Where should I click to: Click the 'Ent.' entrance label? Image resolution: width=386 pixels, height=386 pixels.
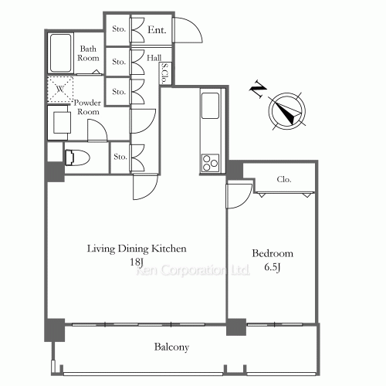pyautogui.click(x=157, y=30)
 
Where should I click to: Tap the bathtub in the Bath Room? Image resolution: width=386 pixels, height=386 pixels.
pyautogui.click(x=61, y=53)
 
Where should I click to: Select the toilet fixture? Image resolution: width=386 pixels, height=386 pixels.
pyautogui.click(x=77, y=157)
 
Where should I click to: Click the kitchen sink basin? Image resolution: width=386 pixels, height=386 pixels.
pyautogui.click(x=210, y=106)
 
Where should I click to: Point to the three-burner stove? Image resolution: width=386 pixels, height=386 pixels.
pyautogui.click(x=210, y=163)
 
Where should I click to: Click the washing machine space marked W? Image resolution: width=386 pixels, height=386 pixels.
pyautogui.click(x=60, y=89)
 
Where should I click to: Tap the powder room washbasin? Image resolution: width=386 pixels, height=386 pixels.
pyautogui.click(x=62, y=123)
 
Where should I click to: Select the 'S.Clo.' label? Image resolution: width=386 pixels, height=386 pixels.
pyautogui.click(x=164, y=73)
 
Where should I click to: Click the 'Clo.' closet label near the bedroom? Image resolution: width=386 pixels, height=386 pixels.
pyautogui.click(x=284, y=179)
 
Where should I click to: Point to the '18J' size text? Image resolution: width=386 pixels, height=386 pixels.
pyautogui.click(x=137, y=262)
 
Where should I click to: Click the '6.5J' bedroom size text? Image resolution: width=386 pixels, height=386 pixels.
pyautogui.click(x=273, y=267)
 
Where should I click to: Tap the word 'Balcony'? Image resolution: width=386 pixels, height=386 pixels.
pyautogui.click(x=171, y=347)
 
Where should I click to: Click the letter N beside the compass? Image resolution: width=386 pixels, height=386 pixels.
pyautogui.click(x=259, y=89)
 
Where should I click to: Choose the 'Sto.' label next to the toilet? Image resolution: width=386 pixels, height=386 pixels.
pyautogui.click(x=120, y=157)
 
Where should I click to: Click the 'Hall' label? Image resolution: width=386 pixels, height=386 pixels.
pyautogui.click(x=154, y=58)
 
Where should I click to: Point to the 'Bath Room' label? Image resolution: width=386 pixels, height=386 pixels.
pyautogui.click(x=88, y=53)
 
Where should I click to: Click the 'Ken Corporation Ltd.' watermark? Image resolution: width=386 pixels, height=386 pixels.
pyautogui.click(x=193, y=270)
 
